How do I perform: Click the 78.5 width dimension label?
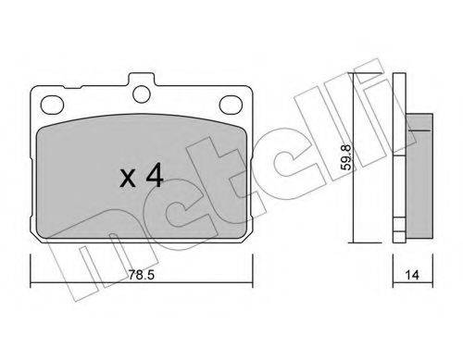[141, 275]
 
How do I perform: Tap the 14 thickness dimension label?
[412, 275]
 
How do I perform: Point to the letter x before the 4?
[128, 179]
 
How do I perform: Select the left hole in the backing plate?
[52, 104]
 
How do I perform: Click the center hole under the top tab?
[142, 93]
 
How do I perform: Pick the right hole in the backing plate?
[231, 104]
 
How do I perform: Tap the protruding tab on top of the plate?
[142, 80]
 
